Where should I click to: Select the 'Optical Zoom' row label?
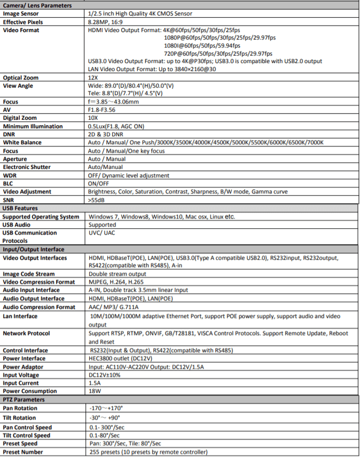coord(21,77)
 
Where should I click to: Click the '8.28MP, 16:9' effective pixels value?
coord(106,22)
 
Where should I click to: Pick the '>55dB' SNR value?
coord(97,200)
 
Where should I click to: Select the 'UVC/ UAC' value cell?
coord(101,233)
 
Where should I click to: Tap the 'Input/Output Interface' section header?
coord(34,249)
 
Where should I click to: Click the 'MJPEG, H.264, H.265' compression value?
coord(116,282)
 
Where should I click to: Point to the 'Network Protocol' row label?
coord(27,333)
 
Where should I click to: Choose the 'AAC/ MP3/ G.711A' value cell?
coord(113,307)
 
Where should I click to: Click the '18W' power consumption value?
coord(95,391)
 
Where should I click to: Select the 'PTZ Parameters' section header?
coord(24,399)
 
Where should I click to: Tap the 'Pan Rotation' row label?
coord(20,408)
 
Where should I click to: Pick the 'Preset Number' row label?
coord(23,452)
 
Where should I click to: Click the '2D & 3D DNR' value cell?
coord(105,134)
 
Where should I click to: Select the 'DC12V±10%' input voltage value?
coord(105,375)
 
